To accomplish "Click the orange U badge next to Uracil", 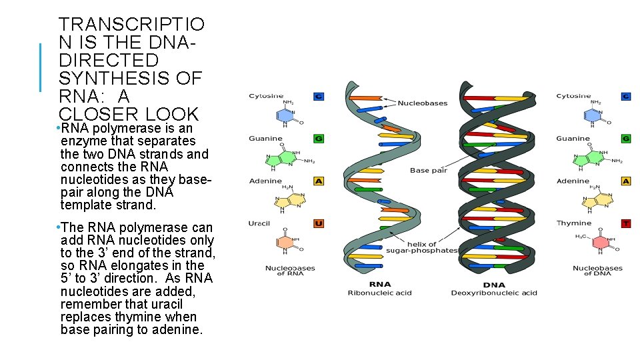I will (x=319, y=223).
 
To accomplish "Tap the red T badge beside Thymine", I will (x=625, y=223).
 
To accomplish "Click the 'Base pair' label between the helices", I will (x=429, y=171).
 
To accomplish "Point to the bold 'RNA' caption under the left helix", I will (x=379, y=284).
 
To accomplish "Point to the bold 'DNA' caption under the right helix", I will (x=493, y=284).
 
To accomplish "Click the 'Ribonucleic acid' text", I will (x=379, y=293).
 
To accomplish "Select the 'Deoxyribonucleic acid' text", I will (x=494, y=293).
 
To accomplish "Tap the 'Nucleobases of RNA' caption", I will (x=290, y=271).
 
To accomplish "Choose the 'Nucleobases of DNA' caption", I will (x=597, y=271).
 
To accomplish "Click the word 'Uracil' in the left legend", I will (x=259, y=223).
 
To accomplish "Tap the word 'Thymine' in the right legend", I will (x=574, y=223).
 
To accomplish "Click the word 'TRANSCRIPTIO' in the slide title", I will (x=132, y=25).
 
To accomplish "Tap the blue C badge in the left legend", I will (x=319, y=97).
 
